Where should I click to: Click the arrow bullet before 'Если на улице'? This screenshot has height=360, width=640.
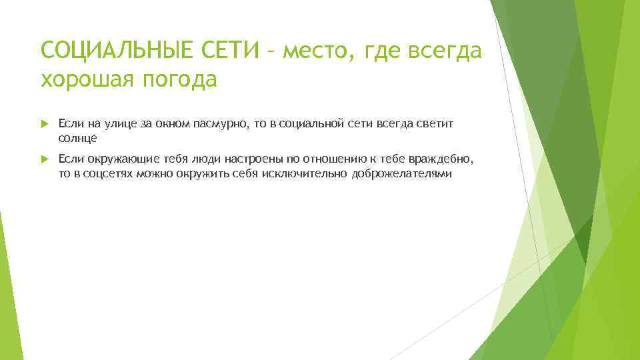45,123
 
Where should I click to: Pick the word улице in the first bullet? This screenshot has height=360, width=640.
116,123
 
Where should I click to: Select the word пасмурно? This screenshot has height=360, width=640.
220,123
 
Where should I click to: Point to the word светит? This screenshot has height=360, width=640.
424,123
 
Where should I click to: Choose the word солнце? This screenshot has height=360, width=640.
77,138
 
